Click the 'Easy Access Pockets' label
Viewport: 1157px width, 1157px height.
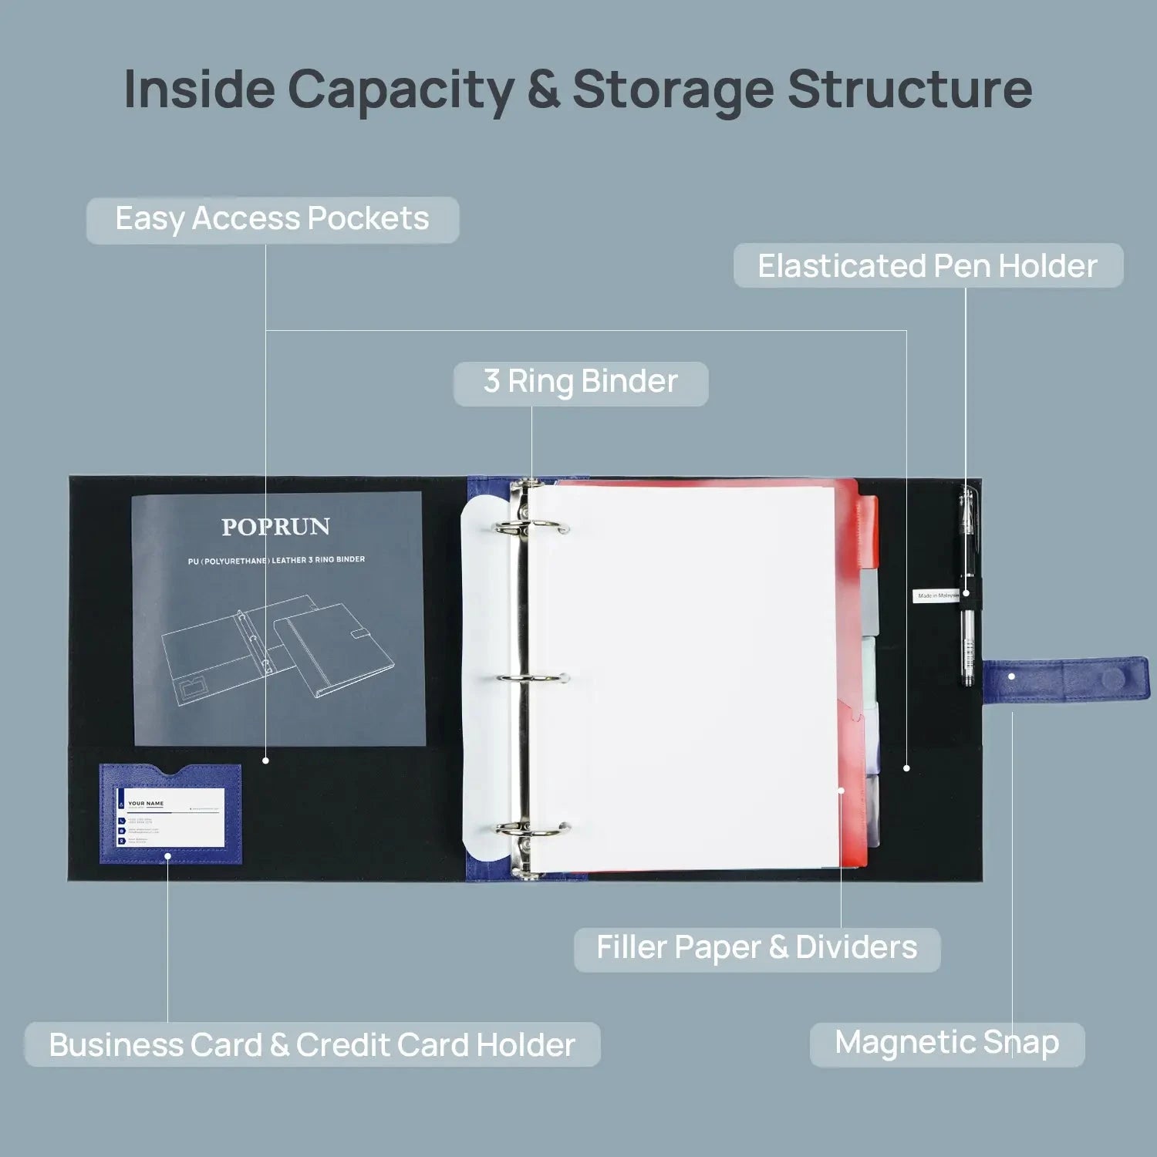coord(272,220)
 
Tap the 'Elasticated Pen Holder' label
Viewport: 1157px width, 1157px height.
coord(927,266)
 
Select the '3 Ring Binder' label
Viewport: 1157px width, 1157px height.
coord(580,383)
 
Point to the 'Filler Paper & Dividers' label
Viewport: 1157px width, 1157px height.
coord(757,948)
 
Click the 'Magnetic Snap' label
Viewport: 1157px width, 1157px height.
coord(946,1044)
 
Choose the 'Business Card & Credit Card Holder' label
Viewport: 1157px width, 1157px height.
coord(312,1045)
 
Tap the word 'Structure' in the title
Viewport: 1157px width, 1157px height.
coord(909,89)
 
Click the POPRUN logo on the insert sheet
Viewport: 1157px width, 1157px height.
coord(275,527)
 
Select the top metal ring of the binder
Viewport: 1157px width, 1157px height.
coord(532,528)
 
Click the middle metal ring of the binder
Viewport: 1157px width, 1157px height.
coord(532,679)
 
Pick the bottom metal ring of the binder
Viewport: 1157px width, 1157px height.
coord(532,830)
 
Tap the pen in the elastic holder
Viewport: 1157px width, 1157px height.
coord(967,586)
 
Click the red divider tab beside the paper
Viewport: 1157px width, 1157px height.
coord(868,525)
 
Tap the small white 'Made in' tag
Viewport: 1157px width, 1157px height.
coord(936,595)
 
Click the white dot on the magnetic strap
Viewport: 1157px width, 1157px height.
coord(1011,676)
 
